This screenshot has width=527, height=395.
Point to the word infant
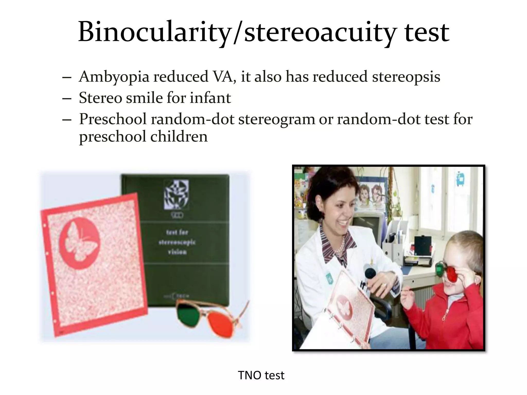[x=210, y=98]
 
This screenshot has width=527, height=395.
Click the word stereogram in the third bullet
[x=277, y=119]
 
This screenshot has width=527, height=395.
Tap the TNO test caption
[x=261, y=375]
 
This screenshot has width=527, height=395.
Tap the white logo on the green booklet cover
[x=177, y=194]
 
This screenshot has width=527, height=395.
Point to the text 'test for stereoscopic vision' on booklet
[x=177, y=242]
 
